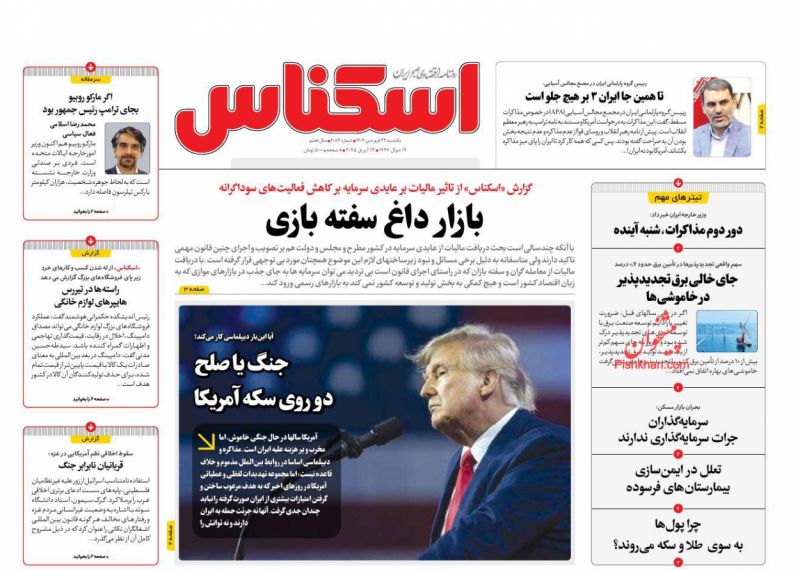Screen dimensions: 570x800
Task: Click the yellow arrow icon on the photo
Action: click(x=203, y=442)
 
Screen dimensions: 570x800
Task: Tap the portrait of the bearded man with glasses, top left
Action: click(x=127, y=148)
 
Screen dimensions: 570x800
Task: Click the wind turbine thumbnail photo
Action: click(x=726, y=331)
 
